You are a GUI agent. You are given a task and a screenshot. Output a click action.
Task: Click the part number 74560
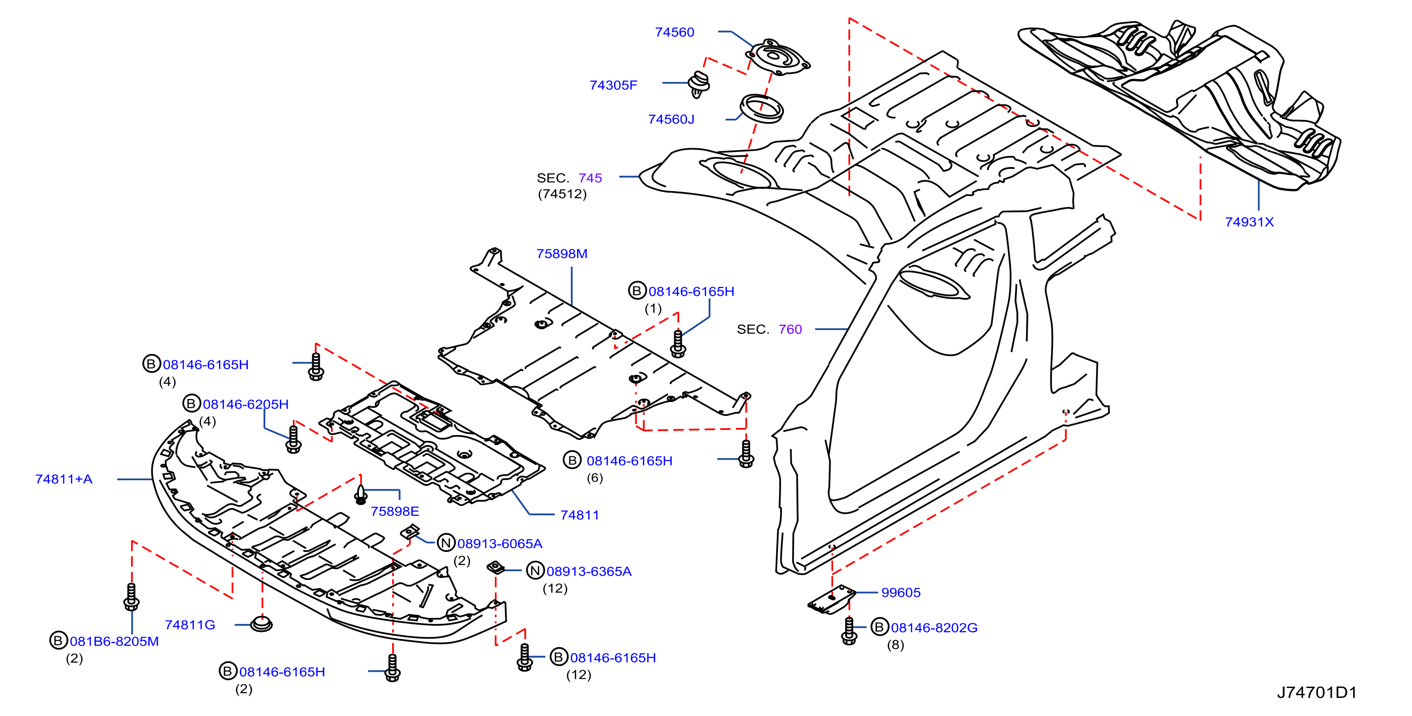coord(674,32)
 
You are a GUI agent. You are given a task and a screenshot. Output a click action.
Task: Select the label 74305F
coord(613,85)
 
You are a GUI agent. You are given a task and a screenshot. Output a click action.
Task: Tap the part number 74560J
coord(671,120)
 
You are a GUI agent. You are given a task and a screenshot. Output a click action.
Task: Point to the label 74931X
coord(1249,222)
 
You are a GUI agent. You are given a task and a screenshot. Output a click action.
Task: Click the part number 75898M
coord(562,254)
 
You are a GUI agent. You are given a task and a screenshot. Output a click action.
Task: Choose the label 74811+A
coord(64,479)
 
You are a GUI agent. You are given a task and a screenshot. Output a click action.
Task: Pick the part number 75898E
coord(395,511)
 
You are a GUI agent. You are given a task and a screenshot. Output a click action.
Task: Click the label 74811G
coord(190,625)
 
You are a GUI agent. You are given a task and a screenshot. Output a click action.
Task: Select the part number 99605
coord(901,592)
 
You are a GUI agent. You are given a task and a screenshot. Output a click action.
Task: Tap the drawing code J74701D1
coord(1316,693)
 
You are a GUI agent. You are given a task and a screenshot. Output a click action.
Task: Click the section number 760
coord(790,330)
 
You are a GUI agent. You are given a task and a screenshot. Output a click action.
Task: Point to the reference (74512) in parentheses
coord(562,194)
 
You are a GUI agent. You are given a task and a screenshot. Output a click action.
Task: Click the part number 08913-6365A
coord(589,572)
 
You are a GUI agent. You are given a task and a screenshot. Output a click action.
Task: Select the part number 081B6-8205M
coord(114,641)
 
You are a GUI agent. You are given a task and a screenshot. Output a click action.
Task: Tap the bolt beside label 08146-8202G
coord(849,631)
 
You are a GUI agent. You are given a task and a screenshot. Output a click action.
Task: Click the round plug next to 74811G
coord(261,624)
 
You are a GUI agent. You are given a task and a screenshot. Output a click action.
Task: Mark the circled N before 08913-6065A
coord(446,543)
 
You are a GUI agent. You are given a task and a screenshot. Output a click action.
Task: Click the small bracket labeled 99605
coord(832,599)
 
